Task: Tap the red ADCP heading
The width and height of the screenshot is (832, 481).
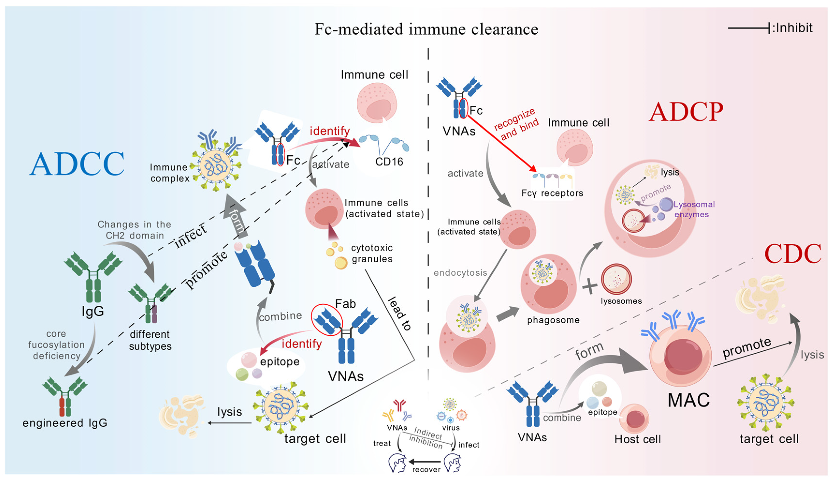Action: click(x=686, y=112)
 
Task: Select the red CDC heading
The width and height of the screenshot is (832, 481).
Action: click(x=793, y=254)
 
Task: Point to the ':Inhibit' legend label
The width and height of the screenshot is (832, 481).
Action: click(x=792, y=28)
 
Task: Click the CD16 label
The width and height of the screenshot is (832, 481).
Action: click(x=389, y=161)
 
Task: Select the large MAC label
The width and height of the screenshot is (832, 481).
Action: click(x=689, y=400)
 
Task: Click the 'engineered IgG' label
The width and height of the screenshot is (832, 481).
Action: click(x=65, y=423)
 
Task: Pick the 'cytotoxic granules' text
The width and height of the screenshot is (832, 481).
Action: click(x=372, y=253)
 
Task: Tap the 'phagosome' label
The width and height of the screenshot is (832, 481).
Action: click(x=553, y=320)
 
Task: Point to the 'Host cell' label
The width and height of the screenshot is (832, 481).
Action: click(x=637, y=439)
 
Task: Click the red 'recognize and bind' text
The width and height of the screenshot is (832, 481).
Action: click(x=516, y=124)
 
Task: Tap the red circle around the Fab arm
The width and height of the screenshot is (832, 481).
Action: click(x=327, y=320)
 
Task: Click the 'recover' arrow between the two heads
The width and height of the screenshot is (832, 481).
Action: click(x=425, y=461)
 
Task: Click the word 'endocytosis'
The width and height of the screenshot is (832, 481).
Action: click(x=460, y=273)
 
